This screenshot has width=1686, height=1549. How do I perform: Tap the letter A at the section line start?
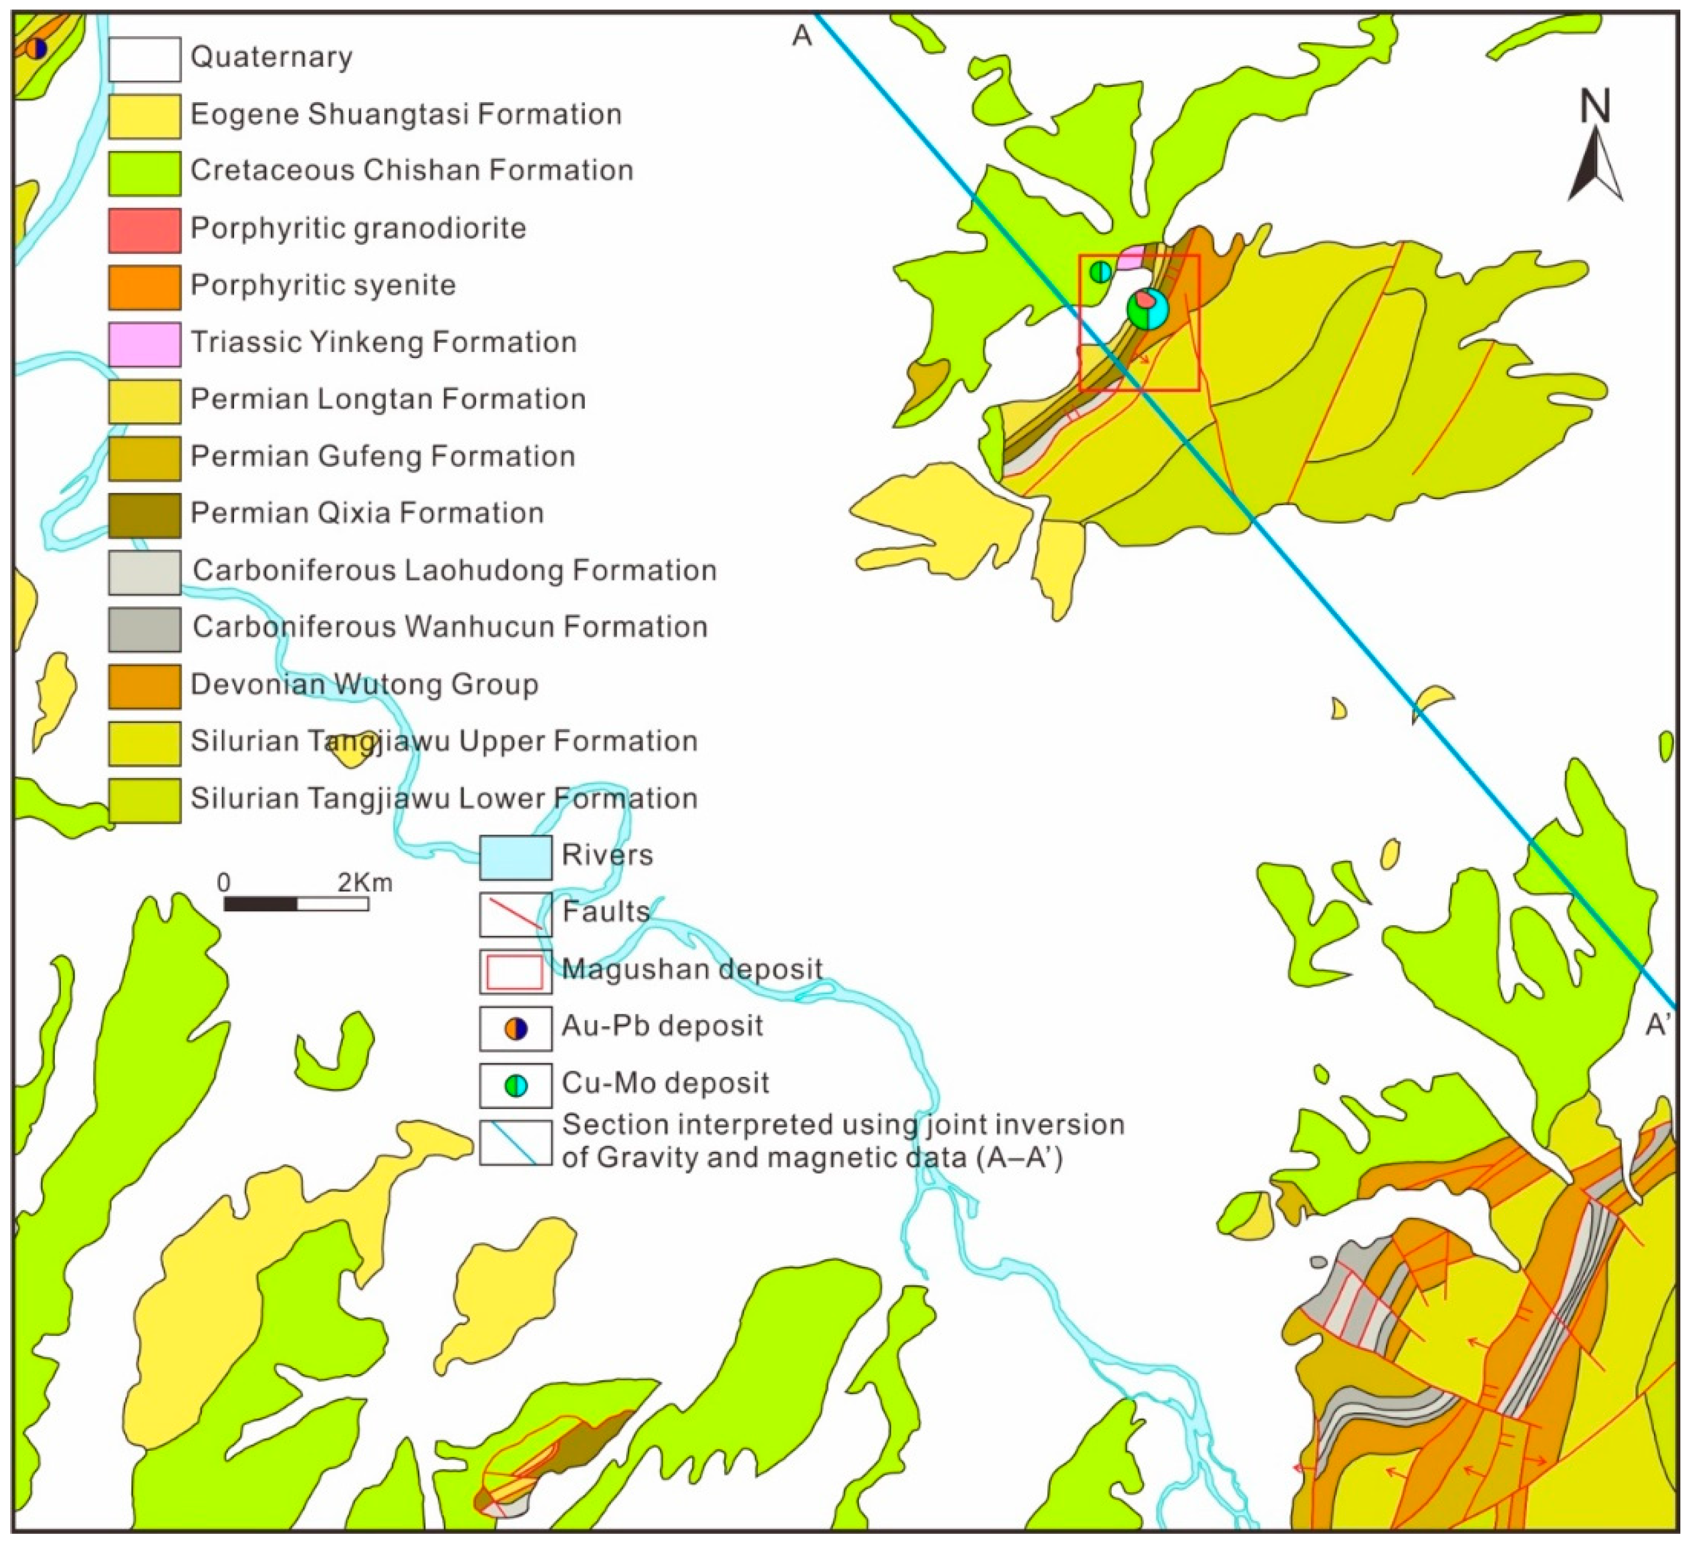click(x=802, y=35)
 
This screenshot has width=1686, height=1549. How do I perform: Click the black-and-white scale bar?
click(x=296, y=903)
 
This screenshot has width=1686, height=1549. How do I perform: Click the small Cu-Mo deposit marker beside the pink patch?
click(x=1101, y=272)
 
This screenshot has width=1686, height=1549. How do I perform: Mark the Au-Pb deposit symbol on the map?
click(x=35, y=48)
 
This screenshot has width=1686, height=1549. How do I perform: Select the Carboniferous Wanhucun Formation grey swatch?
click(x=144, y=629)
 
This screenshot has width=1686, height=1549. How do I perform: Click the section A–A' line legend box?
click(x=516, y=1142)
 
